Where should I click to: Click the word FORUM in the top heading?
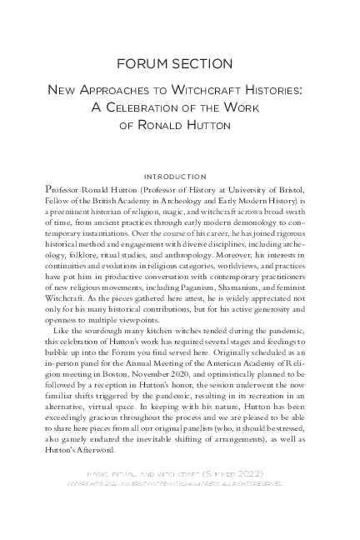(x=147, y=63)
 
